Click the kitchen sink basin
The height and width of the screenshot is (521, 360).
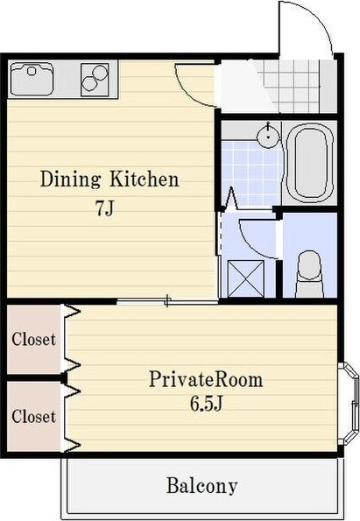[x=32, y=79]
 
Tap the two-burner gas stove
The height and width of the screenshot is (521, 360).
[x=95, y=80]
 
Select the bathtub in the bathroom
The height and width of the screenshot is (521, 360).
[x=310, y=164]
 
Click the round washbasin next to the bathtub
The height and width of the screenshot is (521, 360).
[x=267, y=135]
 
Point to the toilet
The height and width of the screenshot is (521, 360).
[x=309, y=274]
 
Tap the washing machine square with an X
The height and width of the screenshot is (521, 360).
[x=246, y=278]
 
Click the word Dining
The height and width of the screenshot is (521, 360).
[x=70, y=180]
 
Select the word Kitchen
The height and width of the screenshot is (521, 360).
[x=145, y=179]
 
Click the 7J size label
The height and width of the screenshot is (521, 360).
[x=105, y=209]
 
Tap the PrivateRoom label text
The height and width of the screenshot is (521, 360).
[x=206, y=379]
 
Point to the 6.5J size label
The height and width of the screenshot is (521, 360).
[x=206, y=404]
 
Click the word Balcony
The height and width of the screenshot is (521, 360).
[x=201, y=486]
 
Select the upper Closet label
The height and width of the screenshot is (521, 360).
[x=33, y=339]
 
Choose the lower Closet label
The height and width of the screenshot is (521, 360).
[x=33, y=416]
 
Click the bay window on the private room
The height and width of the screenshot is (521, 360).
[x=349, y=404]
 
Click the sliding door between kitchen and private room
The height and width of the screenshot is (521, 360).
[x=167, y=301]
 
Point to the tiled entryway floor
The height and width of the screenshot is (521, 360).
[x=292, y=86]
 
